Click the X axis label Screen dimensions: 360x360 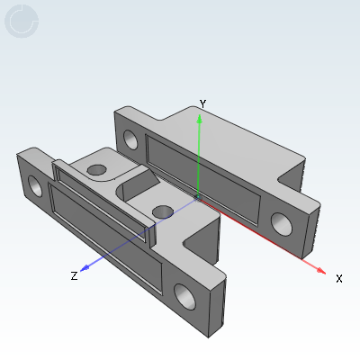click(x=339, y=278)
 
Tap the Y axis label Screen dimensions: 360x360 click(x=203, y=104)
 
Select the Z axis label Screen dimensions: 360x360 click(x=74, y=276)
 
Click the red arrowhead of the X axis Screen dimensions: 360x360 click(x=319, y=267)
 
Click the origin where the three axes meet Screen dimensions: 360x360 click(x=198, y=195)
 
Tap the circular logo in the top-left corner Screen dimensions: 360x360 click(x=22, y=22)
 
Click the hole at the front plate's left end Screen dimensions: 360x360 click(x=37, y=186)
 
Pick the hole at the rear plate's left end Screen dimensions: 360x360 click(x=130, y=139)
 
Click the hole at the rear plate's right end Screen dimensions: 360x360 click(x=280, y=221)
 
